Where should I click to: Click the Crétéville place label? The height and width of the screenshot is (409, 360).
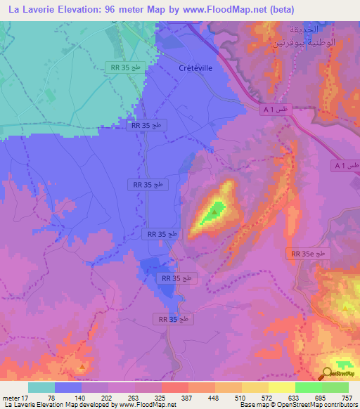pos(195,69)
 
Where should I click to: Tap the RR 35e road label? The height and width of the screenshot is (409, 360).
pos(307,254)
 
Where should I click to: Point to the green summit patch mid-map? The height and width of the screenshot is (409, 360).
pos(215,209)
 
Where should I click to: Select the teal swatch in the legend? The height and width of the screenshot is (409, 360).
pos(41,387)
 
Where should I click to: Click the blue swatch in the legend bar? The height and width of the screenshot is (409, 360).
pos(68,387)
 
